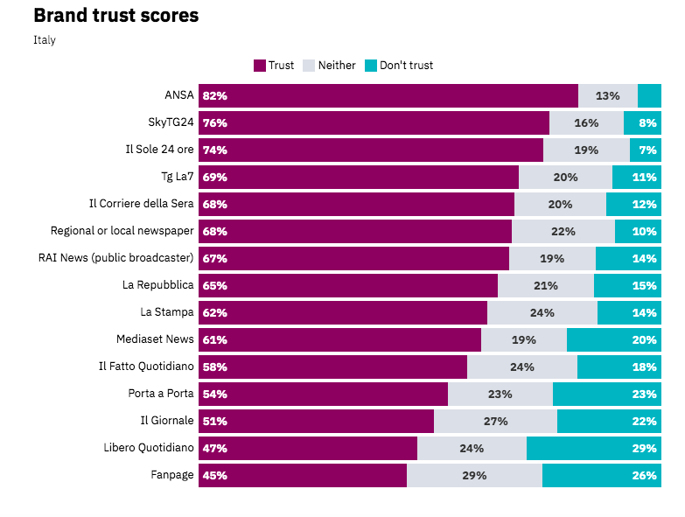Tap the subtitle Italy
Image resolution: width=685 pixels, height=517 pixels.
(45, 40)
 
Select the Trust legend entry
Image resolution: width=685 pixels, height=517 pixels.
(274, 66)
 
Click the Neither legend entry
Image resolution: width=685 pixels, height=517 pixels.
(329, 66)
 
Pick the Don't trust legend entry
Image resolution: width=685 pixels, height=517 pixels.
(398, 66)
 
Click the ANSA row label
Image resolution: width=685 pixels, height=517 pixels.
(178, 95)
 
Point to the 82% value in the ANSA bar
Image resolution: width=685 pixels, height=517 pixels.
(214, 95)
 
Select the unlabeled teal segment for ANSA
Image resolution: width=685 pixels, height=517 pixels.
(649, 95)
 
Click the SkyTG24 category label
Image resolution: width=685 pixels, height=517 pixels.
(171, 122)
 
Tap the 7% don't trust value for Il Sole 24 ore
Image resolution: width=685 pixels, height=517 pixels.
(647, 150)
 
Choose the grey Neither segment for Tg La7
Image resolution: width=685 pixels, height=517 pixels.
(565, 177)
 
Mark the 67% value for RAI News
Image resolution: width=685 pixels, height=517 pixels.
(214, 258)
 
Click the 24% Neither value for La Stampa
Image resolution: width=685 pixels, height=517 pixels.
(542, 312)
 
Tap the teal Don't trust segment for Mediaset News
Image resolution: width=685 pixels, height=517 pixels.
(613, 339)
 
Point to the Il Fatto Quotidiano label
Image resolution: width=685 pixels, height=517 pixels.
(145, 367)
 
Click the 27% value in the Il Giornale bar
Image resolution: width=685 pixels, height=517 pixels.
(495, 421)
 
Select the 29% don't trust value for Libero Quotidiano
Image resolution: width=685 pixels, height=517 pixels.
(644, 448)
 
